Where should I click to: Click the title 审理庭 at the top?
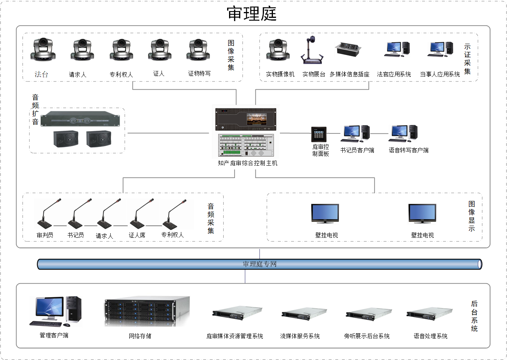pyautogui.click(x=252, y=14)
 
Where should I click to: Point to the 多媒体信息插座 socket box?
pyautogui.click(x=348, y=49)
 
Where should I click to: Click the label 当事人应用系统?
pyautogui.click(x=439, y=74)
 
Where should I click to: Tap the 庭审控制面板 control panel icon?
pyautogui.click(x=319, y=135)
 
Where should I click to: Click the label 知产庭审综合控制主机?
pyautogui.click(x=248, y=163)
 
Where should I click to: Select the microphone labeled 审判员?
pyautogui.click(x=47, y=215)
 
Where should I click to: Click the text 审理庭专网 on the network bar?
pyautogui.click(x=260, y=264)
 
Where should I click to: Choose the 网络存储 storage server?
pyautogui.click(x=147, y=312)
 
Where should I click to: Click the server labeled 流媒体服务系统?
pyautogui.click(x=304, y=314)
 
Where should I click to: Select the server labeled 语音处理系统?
pyautogui.click(x=429, y=314)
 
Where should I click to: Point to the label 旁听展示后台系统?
pyautogui.click(x=366, y=336)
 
